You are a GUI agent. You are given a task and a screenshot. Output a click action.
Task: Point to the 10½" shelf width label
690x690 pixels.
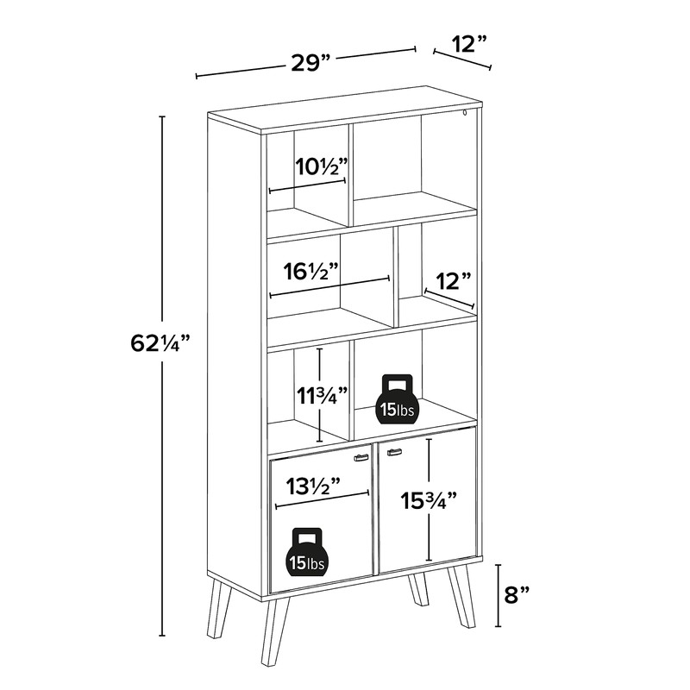[321, 166]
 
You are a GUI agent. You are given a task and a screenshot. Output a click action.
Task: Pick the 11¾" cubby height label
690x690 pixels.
[322, 396]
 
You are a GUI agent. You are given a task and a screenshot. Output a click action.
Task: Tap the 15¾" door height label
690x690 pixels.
[428, 501]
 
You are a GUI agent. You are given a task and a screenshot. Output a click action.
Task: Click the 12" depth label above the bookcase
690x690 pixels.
[469, 44]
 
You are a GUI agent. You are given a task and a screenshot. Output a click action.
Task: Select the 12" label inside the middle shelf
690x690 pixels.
[453, 281]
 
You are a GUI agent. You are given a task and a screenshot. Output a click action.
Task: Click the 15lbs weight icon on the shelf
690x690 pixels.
[398, 399]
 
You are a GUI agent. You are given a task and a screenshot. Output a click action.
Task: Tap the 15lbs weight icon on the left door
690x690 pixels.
[307, 552]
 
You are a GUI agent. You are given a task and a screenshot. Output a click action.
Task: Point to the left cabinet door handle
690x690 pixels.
[361, 458]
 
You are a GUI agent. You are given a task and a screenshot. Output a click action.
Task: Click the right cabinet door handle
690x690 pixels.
[394, 452]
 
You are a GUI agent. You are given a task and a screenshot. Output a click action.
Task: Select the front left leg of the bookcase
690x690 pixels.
[275, 631]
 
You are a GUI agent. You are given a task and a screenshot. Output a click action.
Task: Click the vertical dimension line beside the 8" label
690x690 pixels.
[498, 595]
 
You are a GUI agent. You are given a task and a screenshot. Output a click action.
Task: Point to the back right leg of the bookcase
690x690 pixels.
[418, 590]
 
